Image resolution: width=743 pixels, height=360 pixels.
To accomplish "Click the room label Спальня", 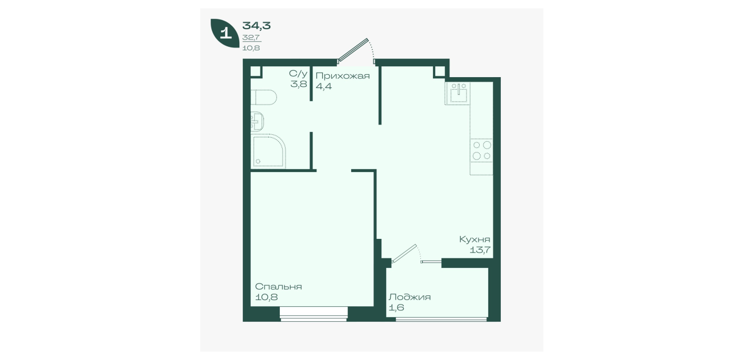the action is [x=278, y=286].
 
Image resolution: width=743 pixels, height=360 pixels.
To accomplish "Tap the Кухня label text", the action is [x=475, y=239].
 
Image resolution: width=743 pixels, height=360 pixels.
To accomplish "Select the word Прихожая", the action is [x=343, y=76].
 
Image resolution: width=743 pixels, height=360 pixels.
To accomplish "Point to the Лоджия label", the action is [x=409, y=297].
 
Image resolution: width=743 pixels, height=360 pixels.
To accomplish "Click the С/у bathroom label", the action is [x=298, y=73].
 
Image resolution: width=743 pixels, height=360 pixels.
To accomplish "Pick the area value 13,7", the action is [x=480, y=250].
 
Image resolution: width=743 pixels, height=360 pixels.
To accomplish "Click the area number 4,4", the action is [x=324, y=87].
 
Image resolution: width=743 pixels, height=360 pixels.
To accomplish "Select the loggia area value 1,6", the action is [x=396, y=307].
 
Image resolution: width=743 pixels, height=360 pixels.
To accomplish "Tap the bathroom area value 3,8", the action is [x=299, y=84].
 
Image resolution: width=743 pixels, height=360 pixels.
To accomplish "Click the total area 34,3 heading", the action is [x=256, y=25].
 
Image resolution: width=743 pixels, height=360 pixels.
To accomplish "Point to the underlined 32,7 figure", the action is [x=251, y=37].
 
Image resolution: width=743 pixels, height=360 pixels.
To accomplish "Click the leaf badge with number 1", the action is [x=225, y=33].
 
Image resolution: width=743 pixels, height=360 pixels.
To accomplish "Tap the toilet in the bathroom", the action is [x=264, y=97].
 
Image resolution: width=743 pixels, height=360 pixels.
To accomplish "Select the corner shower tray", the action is [x=268, y=151].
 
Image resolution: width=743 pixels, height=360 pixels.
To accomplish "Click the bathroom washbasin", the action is [x=257, y=122].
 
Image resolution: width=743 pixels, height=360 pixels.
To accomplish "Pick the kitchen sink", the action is [x=458, y=93].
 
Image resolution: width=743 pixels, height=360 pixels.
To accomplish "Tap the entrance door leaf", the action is [x=353, y=50].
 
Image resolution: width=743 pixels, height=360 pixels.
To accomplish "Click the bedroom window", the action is [x=314, y=314].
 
